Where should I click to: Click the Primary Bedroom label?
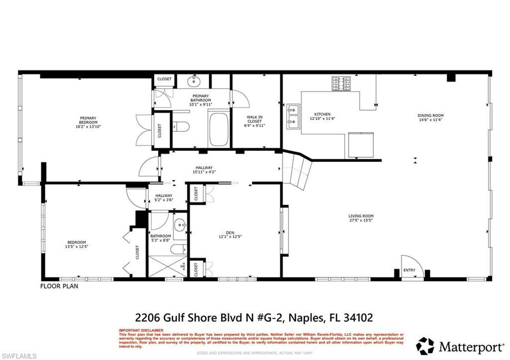tap(88, 120)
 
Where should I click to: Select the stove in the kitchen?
tap(343, 83)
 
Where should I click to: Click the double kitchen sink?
tap(292, 114)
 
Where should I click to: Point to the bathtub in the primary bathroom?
tap(218, 130)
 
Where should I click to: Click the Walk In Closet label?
tap(255, 121)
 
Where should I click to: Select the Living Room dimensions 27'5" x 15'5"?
tap(361, 220)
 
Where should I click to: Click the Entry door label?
tap(409, 270)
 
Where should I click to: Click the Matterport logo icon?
tap(425, 346)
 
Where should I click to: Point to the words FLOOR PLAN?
tap(59, 286)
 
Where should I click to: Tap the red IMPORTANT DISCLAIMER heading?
tap(140, 330)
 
